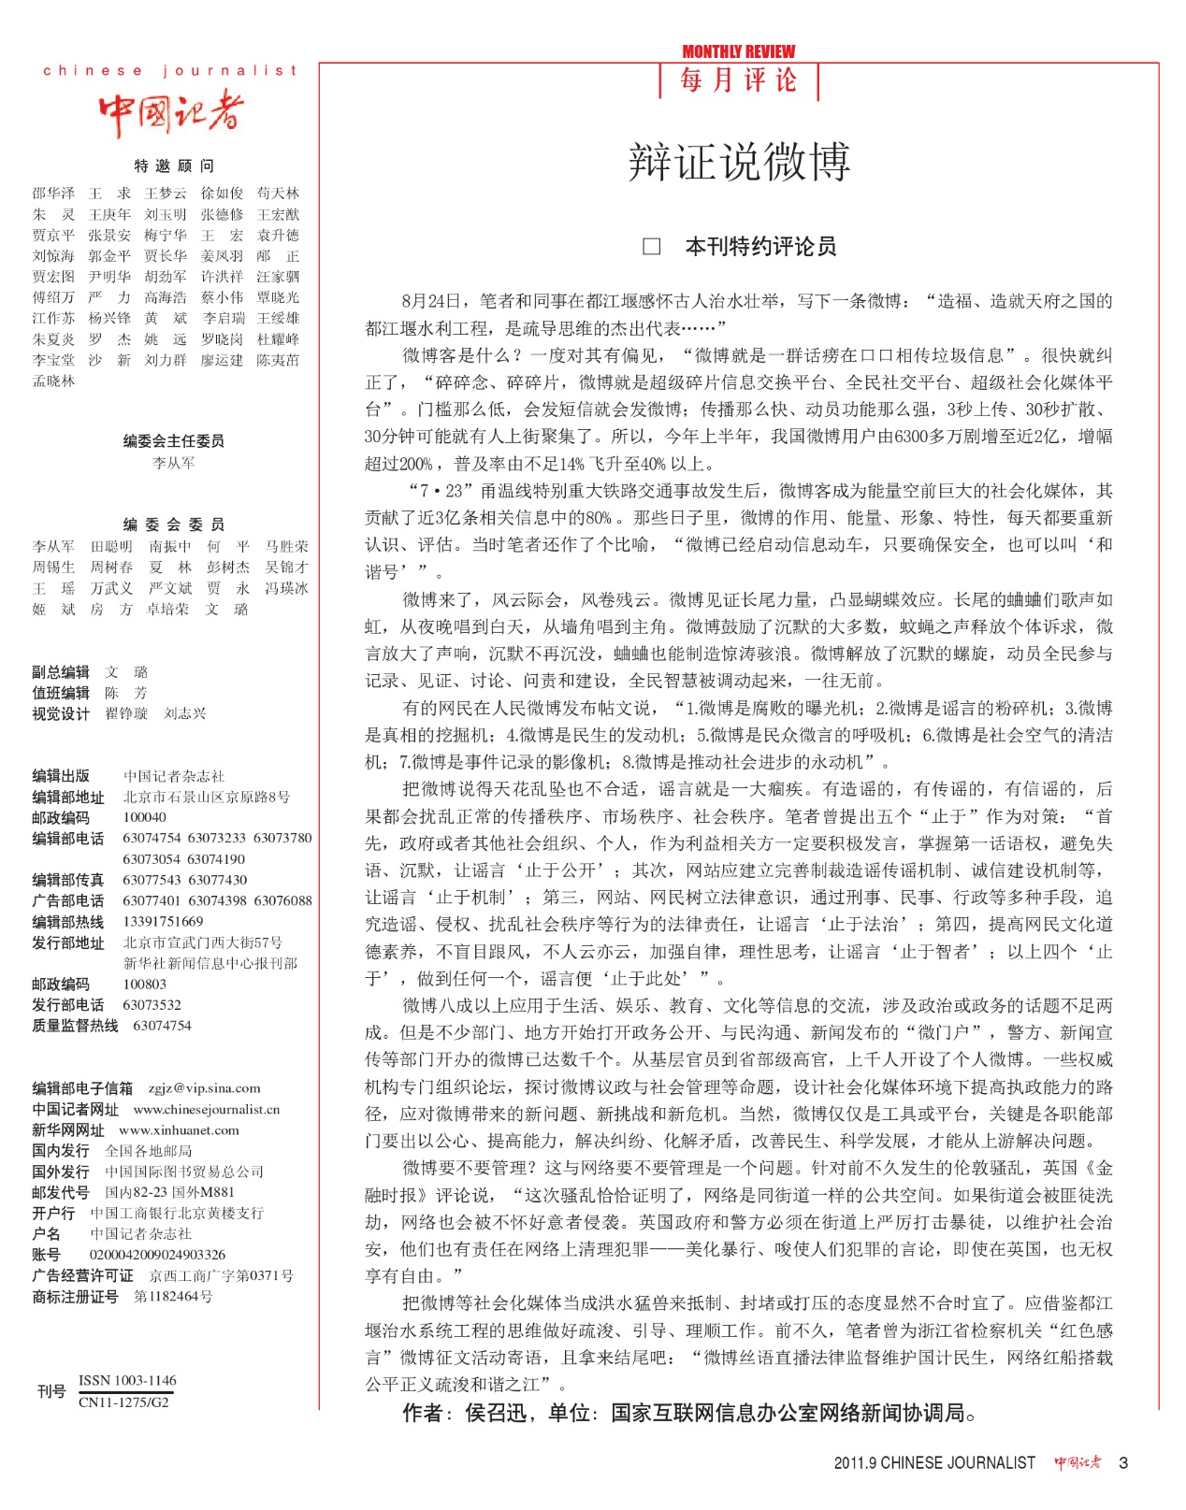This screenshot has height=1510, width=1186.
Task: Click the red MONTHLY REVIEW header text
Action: coord(738,51)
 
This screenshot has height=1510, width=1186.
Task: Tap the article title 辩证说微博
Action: coord(739,162)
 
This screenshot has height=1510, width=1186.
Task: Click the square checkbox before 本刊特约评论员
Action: coord(652,247)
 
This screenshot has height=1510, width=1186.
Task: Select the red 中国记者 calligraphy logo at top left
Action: coord(170,113)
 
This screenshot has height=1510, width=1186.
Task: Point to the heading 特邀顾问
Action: coord(174,165)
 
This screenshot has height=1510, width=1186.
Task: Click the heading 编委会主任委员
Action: coord(174,440)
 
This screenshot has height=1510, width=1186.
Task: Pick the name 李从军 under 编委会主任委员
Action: coord(174,463)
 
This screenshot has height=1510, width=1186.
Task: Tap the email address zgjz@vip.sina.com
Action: coord(204,1088)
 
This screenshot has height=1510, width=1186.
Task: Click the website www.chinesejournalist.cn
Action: coord(207,1110)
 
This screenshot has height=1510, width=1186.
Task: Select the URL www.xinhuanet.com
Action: coord(179,1130)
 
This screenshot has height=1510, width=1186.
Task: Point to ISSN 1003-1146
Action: coord(127,1380)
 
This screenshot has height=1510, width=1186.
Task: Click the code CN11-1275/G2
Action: coord(123,1402)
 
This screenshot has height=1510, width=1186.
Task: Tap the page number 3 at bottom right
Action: coord(1123,1463)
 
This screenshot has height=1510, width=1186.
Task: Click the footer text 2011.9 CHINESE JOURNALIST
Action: coord(934,1463)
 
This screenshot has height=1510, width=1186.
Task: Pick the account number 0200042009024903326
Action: coord(157,1255)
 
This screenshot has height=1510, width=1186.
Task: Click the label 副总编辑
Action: coord(61,672)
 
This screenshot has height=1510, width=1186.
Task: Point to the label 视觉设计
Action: coord(61,713)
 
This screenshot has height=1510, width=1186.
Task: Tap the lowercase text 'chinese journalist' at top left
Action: coord(170,70)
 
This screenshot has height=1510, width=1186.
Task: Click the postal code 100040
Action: coord(145,817)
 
